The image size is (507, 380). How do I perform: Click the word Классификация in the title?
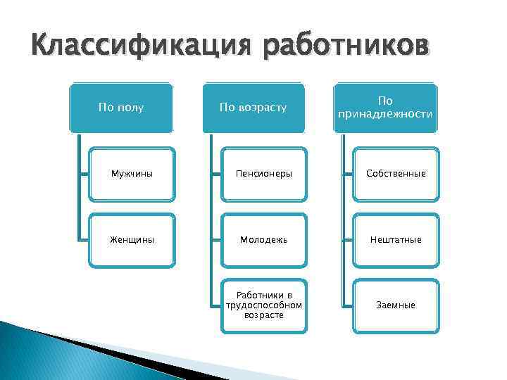pyautogui.click(x=140, y=49)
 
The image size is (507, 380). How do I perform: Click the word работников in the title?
pyautogui.click(x=345, y=49)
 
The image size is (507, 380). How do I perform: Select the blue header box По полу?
pyautogui.click(x=121, y=108)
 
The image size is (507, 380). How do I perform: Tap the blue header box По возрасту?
pyautogui.click(x=254, y=108)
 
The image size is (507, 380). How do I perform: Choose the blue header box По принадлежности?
pyautogui.click(x=385, y=108)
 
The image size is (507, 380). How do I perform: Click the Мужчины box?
pyautogui.click(x=132, y=173)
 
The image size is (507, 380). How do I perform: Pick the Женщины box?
pyautogui.click(x=132, y=239)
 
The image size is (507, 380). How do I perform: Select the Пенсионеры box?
pyautogui.click(x=263, y=173)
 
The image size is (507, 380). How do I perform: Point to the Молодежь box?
pyautogui.click(x=263, y=239)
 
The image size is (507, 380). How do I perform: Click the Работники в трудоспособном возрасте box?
pyautogui.click(x=263, y=305)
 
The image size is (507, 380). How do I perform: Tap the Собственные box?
pyautogui.click(x=395, y=173)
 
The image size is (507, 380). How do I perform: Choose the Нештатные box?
pyautogui.click(x=395, y=239)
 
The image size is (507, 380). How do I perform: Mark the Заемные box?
pyautogui.click(x=395, y=305)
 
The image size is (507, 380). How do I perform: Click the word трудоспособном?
pyautogui.click(x=263, y=305)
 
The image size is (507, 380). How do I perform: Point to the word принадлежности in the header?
pyautogui.click(x=385, y=114)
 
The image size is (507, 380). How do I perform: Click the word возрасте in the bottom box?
pyautogui.click(x=263, y=315)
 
